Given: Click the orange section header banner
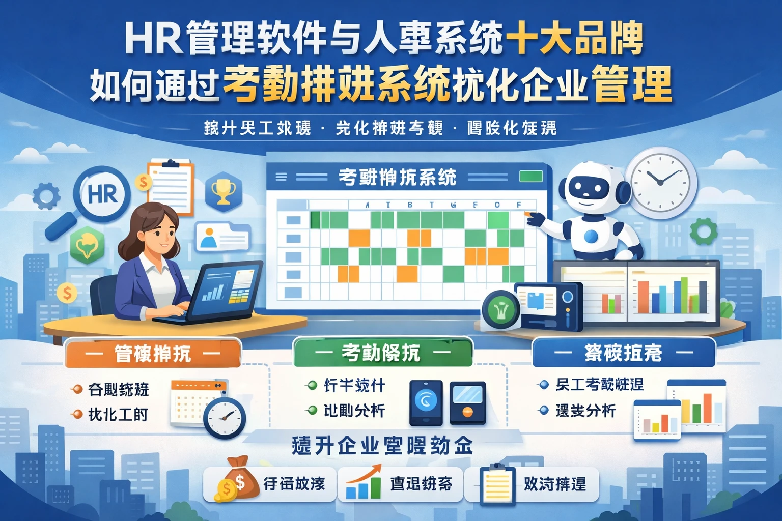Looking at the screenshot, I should click(x=152, y=353).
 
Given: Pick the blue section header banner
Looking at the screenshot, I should click(x=623, y=352).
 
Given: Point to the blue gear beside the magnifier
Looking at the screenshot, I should click(x=46, y=196).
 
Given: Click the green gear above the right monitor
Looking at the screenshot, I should click(x=703, y=231).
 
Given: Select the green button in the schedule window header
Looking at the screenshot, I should click(x=530, y=177).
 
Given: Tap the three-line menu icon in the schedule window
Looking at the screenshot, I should click(x=281, y=177).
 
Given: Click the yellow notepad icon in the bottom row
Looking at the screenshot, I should click(x=497, y=484).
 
